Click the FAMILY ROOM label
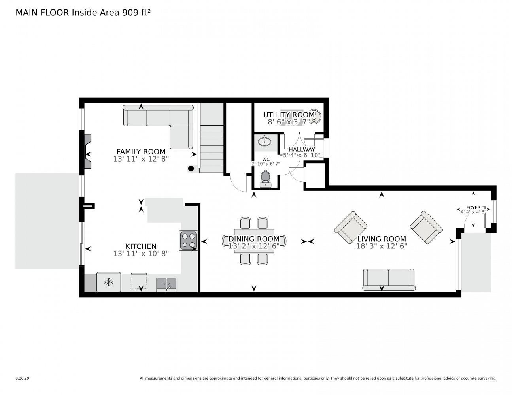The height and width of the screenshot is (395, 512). [x=141, y=151]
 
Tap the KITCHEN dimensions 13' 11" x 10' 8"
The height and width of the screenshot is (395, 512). [x=141, y=254]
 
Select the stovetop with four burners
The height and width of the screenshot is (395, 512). [x=189, y=240]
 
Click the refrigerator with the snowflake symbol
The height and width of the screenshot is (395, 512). [x=109, y=282]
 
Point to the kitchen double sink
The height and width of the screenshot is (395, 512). [x=166, y=284]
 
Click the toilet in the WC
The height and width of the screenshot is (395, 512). [x=266, y=179]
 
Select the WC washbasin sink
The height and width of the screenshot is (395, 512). [x=265, y=141]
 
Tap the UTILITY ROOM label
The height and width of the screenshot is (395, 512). [x=289, y=115]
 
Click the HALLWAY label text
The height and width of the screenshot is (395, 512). [x=302, y=149]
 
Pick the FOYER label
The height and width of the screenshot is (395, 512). [x=473, y=207]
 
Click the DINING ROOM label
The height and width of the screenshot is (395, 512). [x=254, y=239]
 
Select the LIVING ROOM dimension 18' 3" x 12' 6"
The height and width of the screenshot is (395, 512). [x=382, y=246]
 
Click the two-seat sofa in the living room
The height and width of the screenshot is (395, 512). [x=389, y=279]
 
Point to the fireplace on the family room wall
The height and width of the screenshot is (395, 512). [x=88, y=151]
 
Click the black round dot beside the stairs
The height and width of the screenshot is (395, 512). [x=191, y=169]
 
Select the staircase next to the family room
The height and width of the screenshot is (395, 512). [x=212, y=138]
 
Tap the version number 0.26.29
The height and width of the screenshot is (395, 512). [x=23, y=378]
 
